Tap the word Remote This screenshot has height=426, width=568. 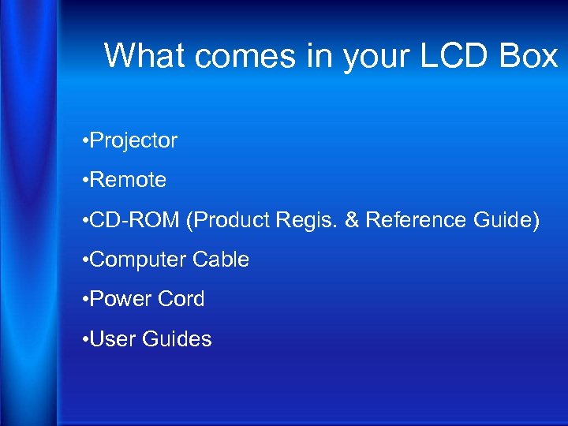(x=128, y=180)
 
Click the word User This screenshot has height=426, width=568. (x=113, y=339)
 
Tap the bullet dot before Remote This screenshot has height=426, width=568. (x=84, y=181)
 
